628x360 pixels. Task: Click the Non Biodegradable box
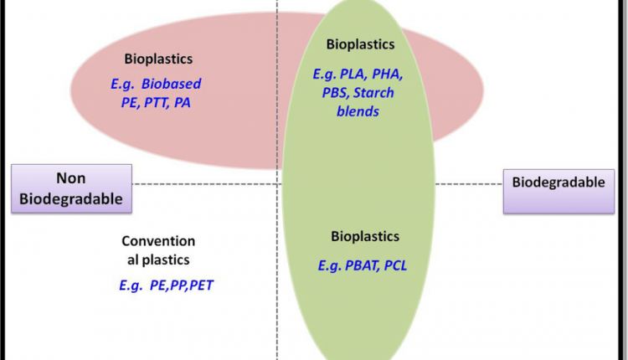tap(72, 188)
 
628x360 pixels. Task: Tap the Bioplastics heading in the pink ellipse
tap(158, 59)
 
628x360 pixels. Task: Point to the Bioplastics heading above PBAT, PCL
tap(365, 237)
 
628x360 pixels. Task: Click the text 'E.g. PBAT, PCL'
tap(362, 266)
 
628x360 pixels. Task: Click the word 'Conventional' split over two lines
tap(157, 240)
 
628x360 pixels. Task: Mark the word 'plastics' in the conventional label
tap(170, 260)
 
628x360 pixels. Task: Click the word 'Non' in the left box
tap(71, 178)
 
